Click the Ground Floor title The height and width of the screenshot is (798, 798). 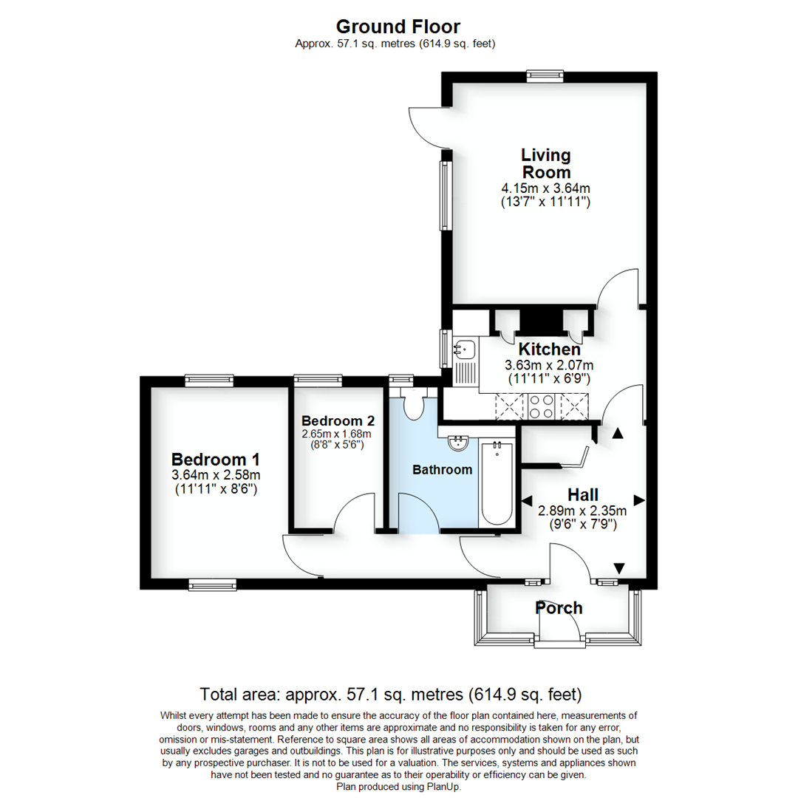pos(398,27)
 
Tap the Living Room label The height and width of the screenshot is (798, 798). pos(546,163)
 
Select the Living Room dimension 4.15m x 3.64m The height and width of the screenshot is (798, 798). pos(546,188)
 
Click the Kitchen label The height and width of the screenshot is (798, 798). pos(549,349)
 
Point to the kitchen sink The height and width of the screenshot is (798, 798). pos(465,347)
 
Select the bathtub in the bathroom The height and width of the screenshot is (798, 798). pos(497,483)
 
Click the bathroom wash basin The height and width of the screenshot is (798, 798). pos(459,443)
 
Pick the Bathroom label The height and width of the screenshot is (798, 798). pos(442,469)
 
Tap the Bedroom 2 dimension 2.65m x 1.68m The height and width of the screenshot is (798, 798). pos(338,434)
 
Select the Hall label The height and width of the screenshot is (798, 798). pos(582,494)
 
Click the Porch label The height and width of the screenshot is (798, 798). pos(559,608)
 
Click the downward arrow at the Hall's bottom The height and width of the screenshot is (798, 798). pos(619,567)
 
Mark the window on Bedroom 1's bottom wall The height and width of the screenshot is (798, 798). pos(212,584)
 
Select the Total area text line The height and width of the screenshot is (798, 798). pos(391,695)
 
